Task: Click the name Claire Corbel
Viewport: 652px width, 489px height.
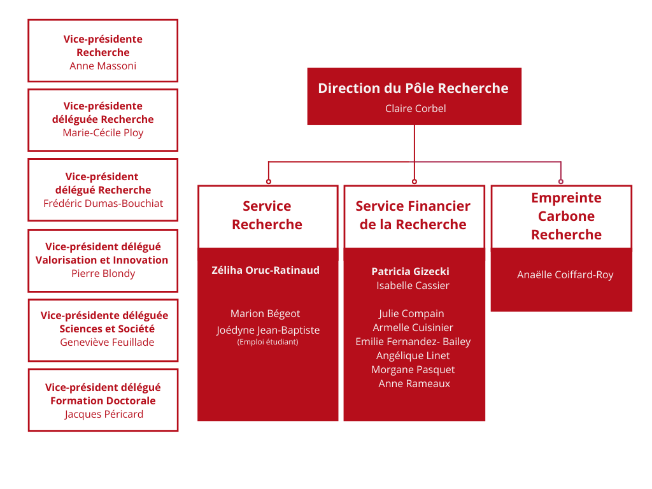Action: click(x=415, y=108)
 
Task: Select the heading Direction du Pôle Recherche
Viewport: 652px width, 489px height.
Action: click(x=413, y=88)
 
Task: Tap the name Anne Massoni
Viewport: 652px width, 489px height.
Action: click(x=103, y=66)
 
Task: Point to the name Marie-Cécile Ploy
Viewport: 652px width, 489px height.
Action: click(x=103, y=132)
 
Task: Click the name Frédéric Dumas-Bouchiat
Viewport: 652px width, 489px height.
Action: click(x=103, y=203)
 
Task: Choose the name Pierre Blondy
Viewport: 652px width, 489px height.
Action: click(x=103, y=273)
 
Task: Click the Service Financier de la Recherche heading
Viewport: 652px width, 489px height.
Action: click(x=413, y=215)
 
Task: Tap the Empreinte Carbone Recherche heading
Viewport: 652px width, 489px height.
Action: click(x=566, y=216)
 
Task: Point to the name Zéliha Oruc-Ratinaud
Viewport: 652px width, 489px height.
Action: click(x=266, y=270)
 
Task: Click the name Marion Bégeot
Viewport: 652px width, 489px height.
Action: click(x=265, y=313)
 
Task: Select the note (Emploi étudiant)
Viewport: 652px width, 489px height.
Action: click(x=267, y=342)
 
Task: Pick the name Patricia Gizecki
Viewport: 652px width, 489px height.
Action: click(x=410, y=271)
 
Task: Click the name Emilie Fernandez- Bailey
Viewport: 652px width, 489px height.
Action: click(x=413, y=341)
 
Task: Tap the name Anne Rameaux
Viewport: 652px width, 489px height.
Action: click(x=414, y=383)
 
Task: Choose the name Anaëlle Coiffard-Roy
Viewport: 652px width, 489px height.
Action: click(x=565, y=275)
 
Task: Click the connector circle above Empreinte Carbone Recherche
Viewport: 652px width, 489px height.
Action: click(x=561, y=181)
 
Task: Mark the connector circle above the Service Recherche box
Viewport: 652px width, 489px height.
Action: click(x=268, y=181)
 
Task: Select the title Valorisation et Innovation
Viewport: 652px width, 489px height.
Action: click(x=102, y=260)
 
